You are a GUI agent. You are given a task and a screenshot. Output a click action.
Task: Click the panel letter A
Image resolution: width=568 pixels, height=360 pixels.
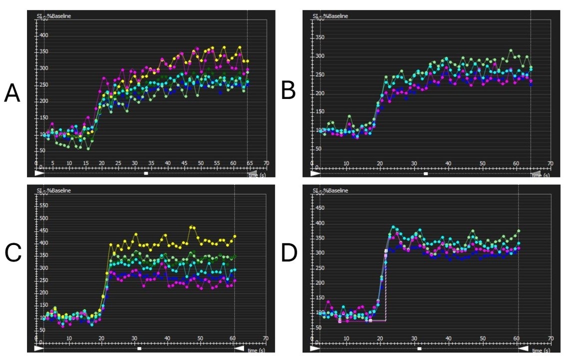12,93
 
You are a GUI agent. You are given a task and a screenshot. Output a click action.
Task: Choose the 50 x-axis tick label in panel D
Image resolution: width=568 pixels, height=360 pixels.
482,338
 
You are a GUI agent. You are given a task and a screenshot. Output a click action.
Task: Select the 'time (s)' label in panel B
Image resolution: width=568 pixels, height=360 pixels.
540,174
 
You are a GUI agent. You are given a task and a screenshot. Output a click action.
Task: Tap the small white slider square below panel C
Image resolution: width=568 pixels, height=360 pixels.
139,348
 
